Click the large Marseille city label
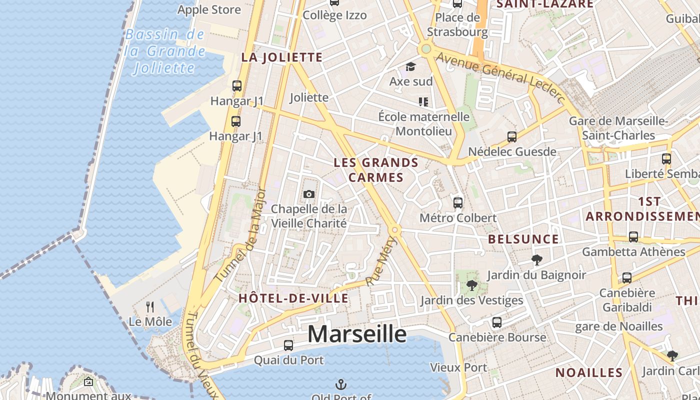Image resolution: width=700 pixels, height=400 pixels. [357, 334]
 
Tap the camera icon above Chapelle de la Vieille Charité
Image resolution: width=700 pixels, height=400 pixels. [309, 194]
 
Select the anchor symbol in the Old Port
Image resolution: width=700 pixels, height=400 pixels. [340, 384]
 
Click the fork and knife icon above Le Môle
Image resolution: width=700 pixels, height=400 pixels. [150, 306]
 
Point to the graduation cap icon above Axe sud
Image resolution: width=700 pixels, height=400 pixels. [410, 66]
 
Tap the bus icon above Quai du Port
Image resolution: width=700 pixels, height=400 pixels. [288, 345]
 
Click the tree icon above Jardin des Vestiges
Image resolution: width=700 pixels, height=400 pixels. [471, 285]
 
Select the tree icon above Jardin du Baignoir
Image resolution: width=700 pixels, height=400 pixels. [537, 259]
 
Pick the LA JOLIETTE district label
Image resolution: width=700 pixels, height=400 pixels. [282, 57]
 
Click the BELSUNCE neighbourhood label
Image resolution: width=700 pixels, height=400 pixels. [523, 239]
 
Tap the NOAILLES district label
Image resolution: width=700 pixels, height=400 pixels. [589, 372]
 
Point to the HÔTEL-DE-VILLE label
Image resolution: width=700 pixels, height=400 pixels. [293, 298]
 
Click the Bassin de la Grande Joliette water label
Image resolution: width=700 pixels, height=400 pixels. [165, 51]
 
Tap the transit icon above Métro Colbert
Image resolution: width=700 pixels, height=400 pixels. [458, 202]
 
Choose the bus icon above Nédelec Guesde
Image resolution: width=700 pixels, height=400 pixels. [512, 136]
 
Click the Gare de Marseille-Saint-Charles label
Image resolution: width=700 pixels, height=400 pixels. [619, 128]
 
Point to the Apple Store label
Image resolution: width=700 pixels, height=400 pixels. [209, 9]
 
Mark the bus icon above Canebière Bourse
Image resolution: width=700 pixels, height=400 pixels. [496, 322]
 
